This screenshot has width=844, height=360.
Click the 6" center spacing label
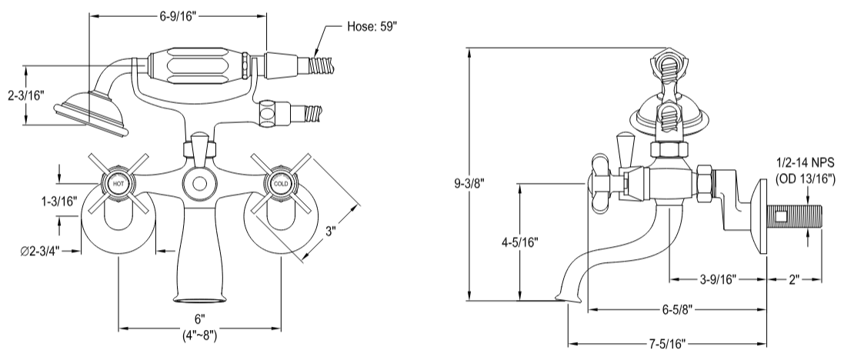point(200,318)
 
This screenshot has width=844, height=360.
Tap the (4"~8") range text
point(200,335)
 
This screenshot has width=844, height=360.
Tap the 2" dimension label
point(795,279)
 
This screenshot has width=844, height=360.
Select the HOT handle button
point(118,185)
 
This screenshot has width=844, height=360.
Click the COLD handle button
point(279,185)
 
